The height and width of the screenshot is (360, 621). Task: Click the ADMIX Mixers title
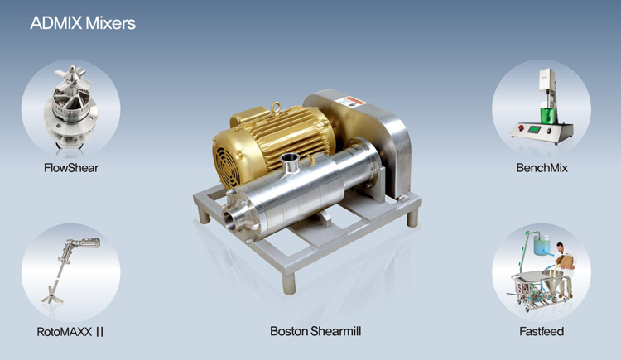click(x=83, y=23)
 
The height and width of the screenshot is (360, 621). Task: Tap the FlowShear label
click(x=71, y=168)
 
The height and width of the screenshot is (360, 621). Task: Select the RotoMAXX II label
click(x=70, y=332)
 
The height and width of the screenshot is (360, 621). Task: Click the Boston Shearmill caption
click(x=315, y=331)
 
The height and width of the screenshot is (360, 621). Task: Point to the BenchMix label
click(x=542, y=168)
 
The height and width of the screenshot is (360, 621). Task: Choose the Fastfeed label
click(x=542, y=331)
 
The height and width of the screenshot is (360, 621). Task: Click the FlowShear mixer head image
click(x=71, y=108)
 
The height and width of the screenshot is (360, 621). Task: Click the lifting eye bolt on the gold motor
click(x=276, y=108)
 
